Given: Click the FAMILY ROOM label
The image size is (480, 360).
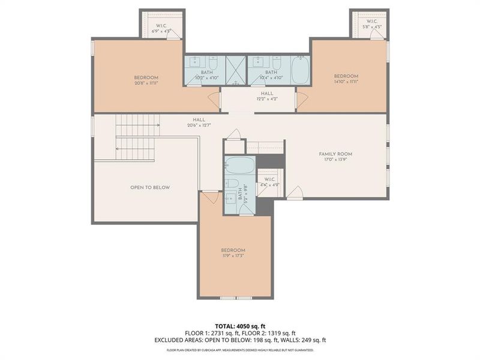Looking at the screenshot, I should tap(335, 154).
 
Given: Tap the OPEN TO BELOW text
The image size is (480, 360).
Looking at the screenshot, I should tap(150, 188).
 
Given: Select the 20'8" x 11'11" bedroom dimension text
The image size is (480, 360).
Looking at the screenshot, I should tap(146, 84).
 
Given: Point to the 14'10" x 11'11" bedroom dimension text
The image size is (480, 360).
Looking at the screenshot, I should tap(346, 83).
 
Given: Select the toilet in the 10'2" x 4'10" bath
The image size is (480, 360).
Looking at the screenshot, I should tap(212, 62).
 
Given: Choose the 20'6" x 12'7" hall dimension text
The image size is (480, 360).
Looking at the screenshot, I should tap(199, 125).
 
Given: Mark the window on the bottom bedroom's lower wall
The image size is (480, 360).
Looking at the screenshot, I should tap(236, 298).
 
